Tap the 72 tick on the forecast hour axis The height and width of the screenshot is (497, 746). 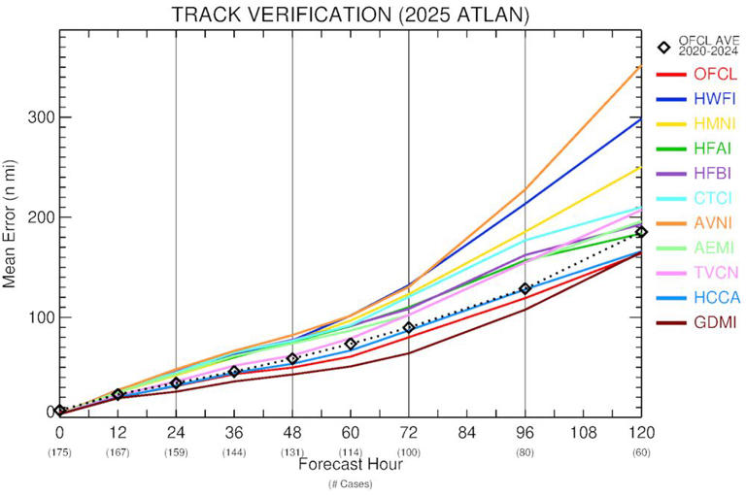[x=409, y=431]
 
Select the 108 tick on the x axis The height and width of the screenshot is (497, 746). [x=583, y=431]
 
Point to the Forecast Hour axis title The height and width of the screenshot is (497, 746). [x=350, y=464]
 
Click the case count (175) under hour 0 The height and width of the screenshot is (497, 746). [x=59, y=451]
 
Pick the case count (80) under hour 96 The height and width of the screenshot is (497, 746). [x=526, y=451]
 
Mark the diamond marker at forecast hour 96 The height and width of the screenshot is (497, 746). [x=526, y=288]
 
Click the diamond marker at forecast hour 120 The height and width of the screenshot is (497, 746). [x=641, y=231]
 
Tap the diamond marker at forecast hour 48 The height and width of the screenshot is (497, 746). [x=292, y=359]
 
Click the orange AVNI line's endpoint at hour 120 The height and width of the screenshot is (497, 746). [x=641, y=66]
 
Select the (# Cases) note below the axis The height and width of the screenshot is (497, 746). [x=350, y=483]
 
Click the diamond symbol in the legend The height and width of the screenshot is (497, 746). [x=664, y=48]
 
